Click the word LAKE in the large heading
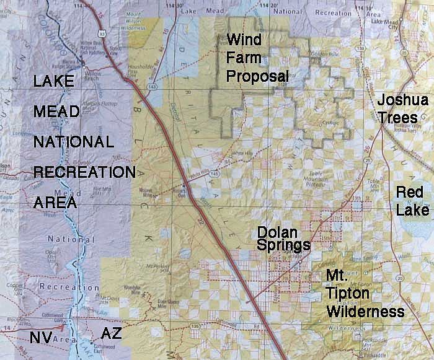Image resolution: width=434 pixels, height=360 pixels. tap(55, 82)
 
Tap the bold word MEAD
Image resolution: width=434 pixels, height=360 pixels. tap(57, 112)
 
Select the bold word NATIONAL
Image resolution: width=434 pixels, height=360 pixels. tap(74, 142)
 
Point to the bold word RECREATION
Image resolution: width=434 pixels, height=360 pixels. tap(84, 172)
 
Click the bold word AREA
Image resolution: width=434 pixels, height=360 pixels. tap(55, 202)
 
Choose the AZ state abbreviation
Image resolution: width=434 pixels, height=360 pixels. tap(111, 335)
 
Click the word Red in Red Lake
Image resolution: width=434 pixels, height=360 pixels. tap(410, 193)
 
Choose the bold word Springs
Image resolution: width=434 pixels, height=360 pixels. tap(283, 245)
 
